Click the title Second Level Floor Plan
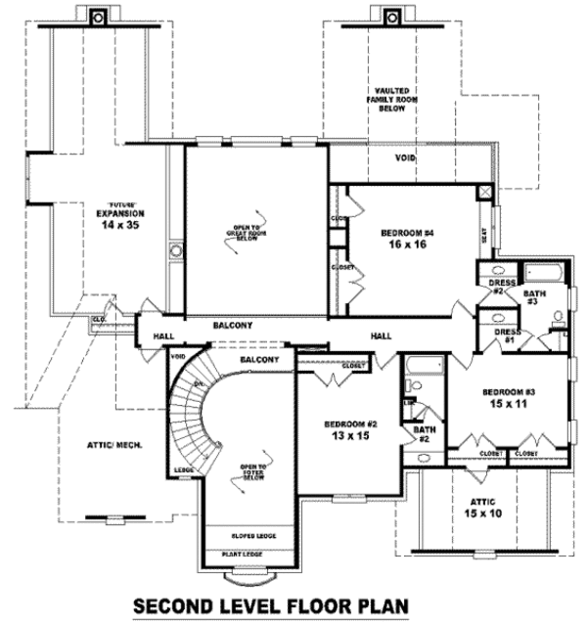[271, 604]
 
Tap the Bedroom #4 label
[406, 233]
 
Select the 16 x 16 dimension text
[406, 246]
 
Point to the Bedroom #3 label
[506, 391]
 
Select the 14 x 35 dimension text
[120, 225]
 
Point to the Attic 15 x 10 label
[478, 506]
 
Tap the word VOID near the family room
[406, 157]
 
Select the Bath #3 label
[532, 296]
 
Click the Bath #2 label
[423, 433]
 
